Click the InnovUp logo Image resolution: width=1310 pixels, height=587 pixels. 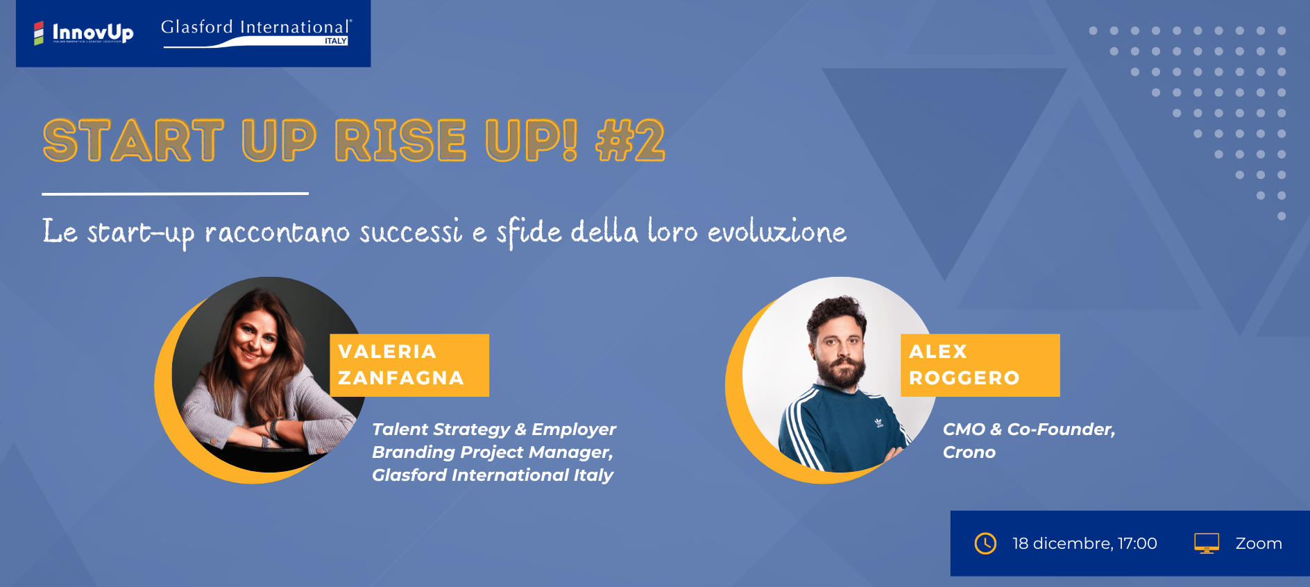[84, 33]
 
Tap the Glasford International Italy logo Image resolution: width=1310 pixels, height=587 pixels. [257, 33]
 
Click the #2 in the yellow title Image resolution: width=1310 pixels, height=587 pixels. [630, 140]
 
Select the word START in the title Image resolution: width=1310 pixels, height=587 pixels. [133, 140]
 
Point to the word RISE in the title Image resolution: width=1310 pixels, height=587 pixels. [400, 140]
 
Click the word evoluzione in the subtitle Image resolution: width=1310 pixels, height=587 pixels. [777, 231]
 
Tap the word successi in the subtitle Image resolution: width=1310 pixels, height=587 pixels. [411, 231]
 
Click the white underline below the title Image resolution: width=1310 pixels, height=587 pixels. [175, 194]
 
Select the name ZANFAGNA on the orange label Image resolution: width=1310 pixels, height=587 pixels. [401, 377]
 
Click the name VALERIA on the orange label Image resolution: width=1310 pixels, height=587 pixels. [387, 351]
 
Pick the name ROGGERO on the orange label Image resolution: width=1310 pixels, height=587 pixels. [964, 377]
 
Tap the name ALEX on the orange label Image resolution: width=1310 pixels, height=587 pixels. [938, 351]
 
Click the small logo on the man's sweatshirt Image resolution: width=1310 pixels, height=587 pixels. [878, 422]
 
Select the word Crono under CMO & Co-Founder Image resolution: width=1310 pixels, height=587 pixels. [969, 452]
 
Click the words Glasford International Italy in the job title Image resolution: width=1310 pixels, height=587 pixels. [493, 475]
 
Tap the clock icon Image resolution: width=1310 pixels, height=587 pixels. [985, 543]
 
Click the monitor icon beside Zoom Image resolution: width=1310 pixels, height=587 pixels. [1207, 543]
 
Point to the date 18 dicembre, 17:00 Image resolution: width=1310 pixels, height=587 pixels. [1084, 543]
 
